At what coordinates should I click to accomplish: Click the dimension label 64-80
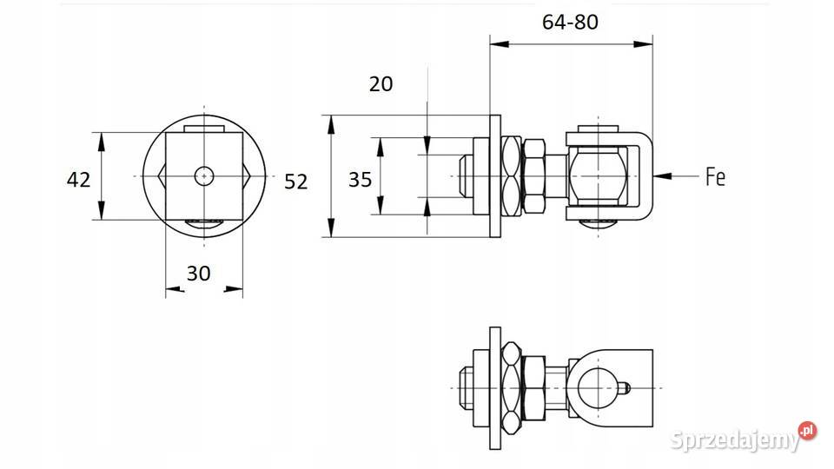[570, 22]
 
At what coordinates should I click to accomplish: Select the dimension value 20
[381, 84]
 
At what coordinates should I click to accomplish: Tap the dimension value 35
[360, 180]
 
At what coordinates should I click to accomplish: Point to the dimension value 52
[295, 182]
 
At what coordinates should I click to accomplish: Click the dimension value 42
[79, 180]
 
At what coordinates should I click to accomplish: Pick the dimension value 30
[198, 274]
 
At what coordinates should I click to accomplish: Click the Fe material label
[715, 177]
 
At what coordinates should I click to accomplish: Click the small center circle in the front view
[204, 176]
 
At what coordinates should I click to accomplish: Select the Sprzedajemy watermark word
[735, 440]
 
